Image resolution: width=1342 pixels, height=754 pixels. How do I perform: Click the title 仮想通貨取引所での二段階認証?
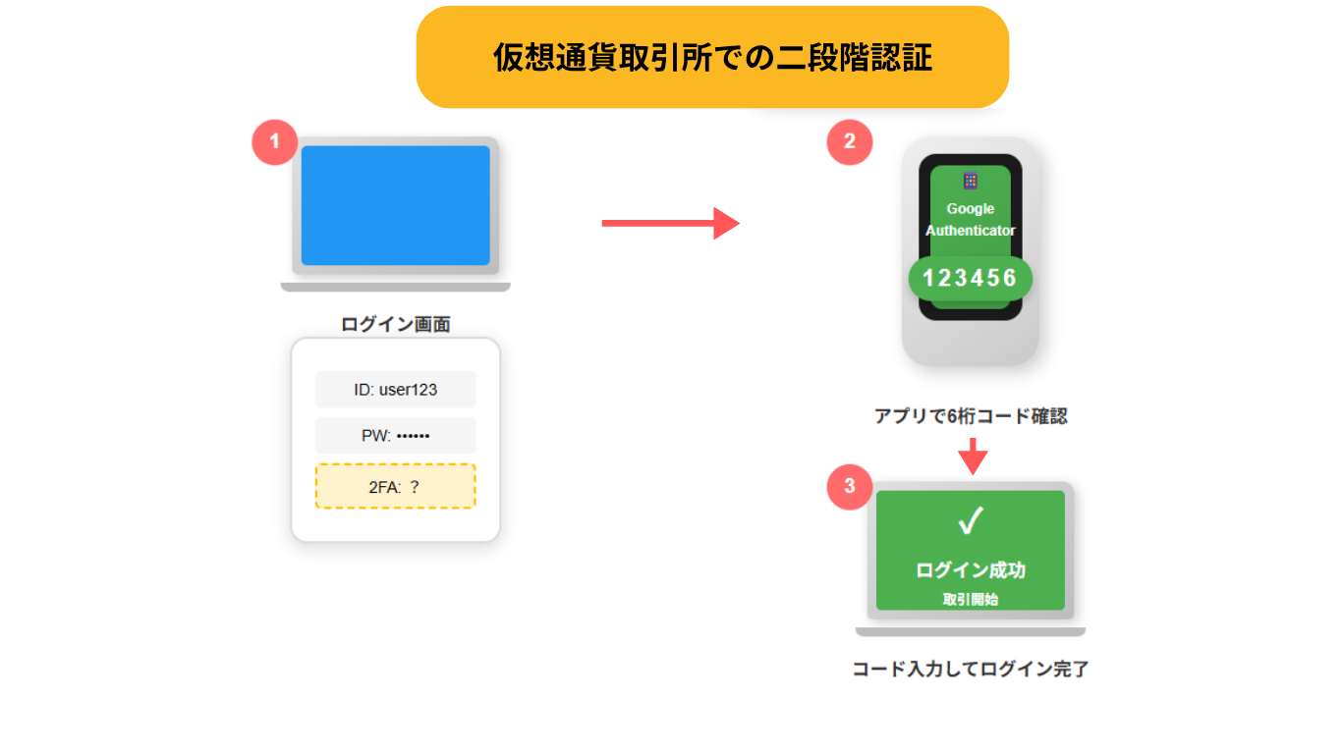[712, 58]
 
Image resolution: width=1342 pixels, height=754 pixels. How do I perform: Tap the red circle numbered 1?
[275, 142]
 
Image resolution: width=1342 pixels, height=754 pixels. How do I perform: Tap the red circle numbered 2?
[850, 142]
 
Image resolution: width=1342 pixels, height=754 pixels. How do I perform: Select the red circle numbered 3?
[850, 486]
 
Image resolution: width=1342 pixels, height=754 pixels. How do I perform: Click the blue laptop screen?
[395, 205]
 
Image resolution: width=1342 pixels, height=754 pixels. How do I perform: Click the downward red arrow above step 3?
[973, 457]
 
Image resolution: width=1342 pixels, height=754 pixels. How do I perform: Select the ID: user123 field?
[395, 390]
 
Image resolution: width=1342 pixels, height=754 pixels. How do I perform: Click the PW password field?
[395, 436]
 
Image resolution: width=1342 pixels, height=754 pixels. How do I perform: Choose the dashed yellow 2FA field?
[395, 486]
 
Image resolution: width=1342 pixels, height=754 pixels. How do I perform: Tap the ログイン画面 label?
[395, 324]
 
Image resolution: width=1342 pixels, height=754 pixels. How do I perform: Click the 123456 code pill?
[970, 279]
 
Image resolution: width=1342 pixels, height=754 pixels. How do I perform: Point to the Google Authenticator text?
[970, 220]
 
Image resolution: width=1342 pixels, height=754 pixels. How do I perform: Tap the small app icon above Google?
[970, 181]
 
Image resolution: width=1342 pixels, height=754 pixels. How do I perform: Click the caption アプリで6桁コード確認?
[970, 416]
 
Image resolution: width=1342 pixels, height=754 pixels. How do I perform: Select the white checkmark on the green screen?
[970, 522]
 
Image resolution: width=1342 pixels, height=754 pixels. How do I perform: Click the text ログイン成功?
[970, 570]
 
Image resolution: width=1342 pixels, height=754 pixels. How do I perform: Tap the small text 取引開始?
[970, 599]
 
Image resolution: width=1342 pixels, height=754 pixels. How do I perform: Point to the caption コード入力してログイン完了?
[970, 670]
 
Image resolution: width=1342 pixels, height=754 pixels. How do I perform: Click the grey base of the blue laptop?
[395, 287]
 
